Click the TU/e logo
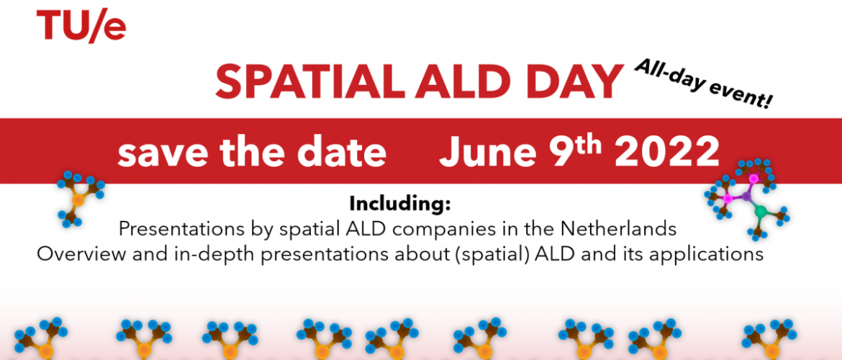pyautogui.click(x=81, y=26)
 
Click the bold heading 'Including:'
pyautogui.click(x=399, y=204)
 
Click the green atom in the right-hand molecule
pyautogui.click(x=761, y=212)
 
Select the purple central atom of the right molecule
pyautogui.click(x=746, y=197)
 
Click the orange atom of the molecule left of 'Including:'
pyautogui.click(x=78, y=200)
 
